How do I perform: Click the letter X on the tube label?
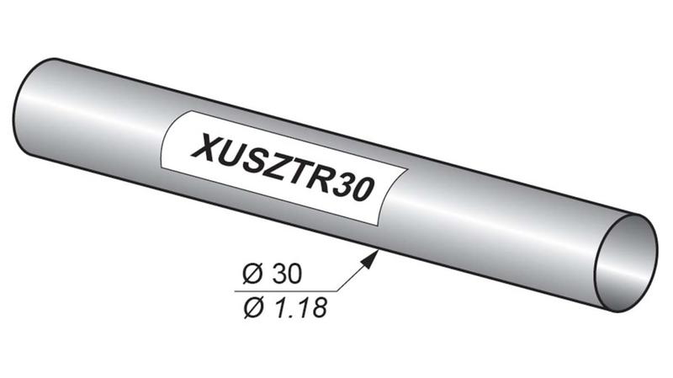tap(208, 147)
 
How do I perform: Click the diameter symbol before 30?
tap(252, 274)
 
